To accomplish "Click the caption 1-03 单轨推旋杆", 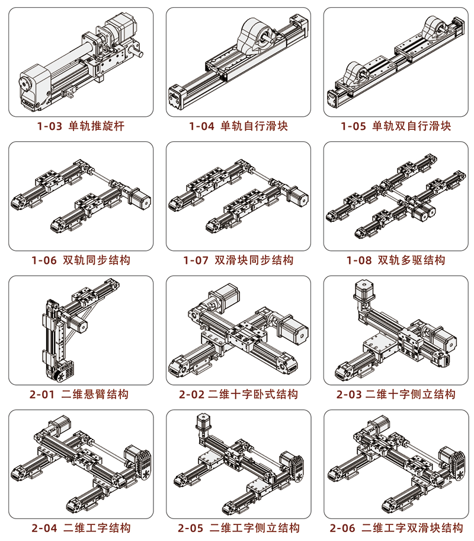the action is pos(81,126).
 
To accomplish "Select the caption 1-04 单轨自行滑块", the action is pos(238,126).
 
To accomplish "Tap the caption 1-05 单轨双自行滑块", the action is pos(396,126).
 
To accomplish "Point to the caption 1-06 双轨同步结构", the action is pos(81,260).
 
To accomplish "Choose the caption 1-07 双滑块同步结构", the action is pos(238,260).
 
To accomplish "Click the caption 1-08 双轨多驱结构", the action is pos(396,260).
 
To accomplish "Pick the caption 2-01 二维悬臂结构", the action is pos(79,394).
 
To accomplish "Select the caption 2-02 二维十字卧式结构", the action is pos(238,394).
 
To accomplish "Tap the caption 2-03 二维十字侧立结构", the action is pos(396,394).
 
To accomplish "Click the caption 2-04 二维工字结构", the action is pos(81,528).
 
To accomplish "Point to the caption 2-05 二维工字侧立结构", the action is pos(239,528).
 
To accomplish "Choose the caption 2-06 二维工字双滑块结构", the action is pos(396,528).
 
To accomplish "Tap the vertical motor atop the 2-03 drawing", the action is pos(364,291).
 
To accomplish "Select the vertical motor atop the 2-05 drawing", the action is pos(203,423).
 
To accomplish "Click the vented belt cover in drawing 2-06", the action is pos(456,464).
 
